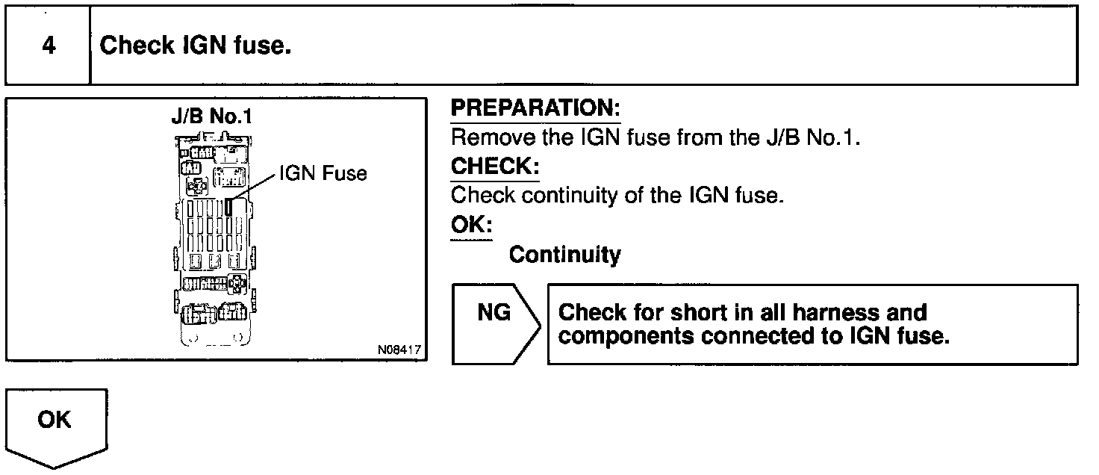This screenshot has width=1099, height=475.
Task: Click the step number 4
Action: coord(48,46)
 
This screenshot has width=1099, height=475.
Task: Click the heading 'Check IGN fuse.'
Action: coord(195,46)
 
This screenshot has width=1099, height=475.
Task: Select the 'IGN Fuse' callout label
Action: coord(323,174)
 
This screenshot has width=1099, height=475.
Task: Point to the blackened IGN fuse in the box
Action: coord(230,207)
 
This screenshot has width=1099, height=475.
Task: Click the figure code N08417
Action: coord(399,350)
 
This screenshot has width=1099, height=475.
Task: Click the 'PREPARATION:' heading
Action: coord(535,108)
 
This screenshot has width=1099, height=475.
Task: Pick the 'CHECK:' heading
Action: coord(494,166)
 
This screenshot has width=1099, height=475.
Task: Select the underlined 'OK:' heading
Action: coord(471,225)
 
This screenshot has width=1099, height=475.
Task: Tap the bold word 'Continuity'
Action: coord(564,255)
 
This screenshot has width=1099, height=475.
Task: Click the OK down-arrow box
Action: coord(56,426)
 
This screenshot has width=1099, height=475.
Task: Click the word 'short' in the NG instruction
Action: coord(706,312)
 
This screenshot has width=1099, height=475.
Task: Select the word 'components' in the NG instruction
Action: coord(626,336)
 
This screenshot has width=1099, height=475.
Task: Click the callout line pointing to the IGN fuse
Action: coord(254,187)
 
